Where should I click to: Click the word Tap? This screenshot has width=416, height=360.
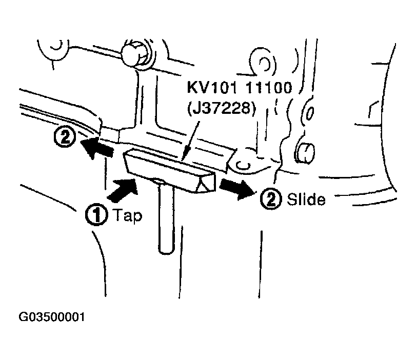128,216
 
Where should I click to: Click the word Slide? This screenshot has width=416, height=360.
306,199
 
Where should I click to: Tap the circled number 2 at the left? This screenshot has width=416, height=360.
65,136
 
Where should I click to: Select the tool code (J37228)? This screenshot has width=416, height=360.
222,108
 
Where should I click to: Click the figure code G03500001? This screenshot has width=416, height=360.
52,317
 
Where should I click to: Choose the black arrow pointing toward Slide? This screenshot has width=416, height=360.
237,188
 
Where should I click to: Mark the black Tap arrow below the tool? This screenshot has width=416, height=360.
123,189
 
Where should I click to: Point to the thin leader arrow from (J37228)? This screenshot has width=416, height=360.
191,141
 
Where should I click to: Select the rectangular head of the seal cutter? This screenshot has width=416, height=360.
170,170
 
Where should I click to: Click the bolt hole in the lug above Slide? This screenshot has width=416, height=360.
243,166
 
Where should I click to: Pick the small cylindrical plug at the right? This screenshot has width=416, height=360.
305,153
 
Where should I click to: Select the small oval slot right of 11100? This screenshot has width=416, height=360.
310,113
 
